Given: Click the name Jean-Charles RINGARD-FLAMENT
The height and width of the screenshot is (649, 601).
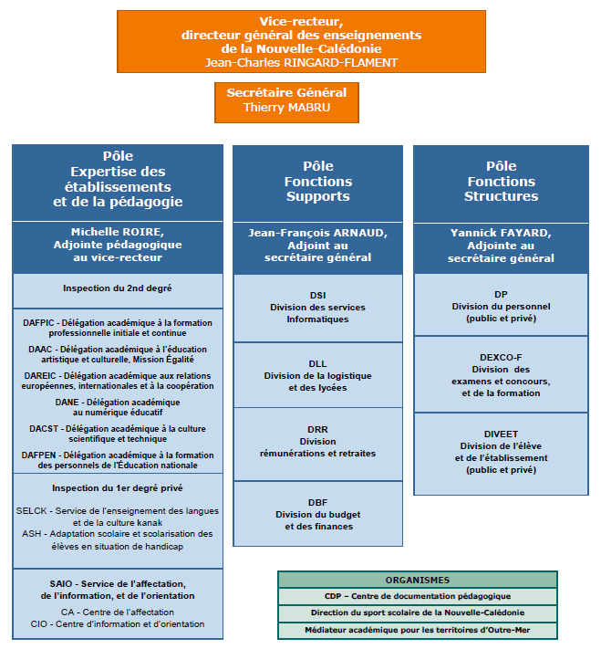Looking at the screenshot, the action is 301,63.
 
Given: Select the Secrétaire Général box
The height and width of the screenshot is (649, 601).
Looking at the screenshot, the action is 286,102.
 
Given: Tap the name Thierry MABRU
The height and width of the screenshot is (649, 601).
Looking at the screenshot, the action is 286,108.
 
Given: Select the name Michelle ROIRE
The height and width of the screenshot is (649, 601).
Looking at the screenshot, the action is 117,232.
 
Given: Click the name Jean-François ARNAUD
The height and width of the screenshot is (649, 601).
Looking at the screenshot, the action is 317,233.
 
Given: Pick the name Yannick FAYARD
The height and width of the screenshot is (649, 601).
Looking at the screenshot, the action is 501,233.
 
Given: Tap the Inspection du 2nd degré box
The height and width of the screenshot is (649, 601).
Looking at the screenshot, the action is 118,291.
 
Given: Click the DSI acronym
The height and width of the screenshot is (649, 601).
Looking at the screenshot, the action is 317,296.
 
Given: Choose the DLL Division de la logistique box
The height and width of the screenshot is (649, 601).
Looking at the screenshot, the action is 317,375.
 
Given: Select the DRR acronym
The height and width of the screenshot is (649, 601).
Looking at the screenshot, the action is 317,430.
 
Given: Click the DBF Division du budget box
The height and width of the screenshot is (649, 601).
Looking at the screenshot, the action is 317,514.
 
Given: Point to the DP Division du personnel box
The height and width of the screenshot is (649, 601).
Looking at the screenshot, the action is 501,305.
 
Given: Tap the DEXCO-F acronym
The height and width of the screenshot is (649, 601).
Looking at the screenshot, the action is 501,358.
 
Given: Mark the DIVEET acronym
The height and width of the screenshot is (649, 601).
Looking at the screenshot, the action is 501,434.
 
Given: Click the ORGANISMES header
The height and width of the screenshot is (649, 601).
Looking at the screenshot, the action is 418,580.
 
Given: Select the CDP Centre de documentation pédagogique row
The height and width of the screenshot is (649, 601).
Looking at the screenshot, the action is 418,596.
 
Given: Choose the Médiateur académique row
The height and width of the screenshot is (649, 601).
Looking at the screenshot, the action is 418,631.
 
